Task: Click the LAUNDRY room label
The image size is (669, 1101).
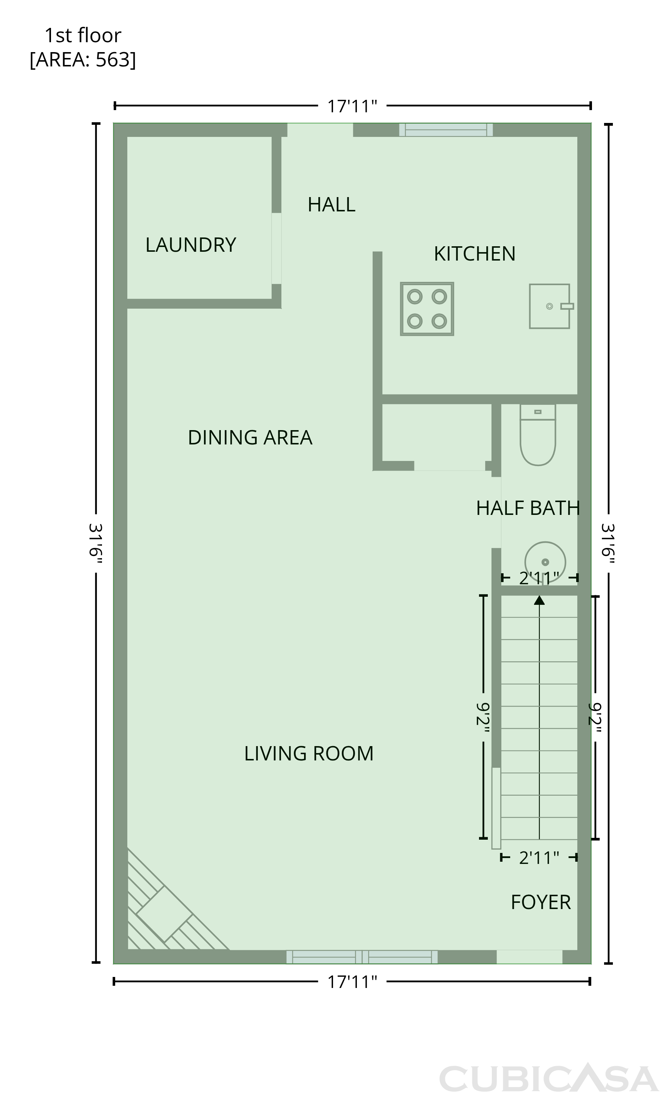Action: [x=191, y=245]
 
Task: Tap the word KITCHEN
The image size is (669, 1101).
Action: [x=475, y=254]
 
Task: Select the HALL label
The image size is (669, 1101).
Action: [x=331, y=205]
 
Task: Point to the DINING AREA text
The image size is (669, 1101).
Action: [x=250, y=437]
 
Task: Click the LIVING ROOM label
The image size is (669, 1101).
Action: [x=308, y=753]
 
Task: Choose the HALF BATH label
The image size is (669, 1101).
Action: [x=528, y=508]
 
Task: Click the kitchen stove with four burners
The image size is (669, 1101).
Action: [x=427, y=309]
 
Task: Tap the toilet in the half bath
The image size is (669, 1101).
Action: [x=538, y=435]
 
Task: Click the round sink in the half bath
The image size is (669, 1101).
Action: [x=545, y=562]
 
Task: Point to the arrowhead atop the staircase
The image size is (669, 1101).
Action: [x=540, y=600]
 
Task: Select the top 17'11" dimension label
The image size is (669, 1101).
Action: [x=352, y=106]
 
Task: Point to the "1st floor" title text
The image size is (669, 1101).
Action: [x=83, y=36]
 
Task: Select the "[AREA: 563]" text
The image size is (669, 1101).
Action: [x=83, y=59]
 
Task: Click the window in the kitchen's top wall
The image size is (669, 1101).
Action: [x=446, y=130]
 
